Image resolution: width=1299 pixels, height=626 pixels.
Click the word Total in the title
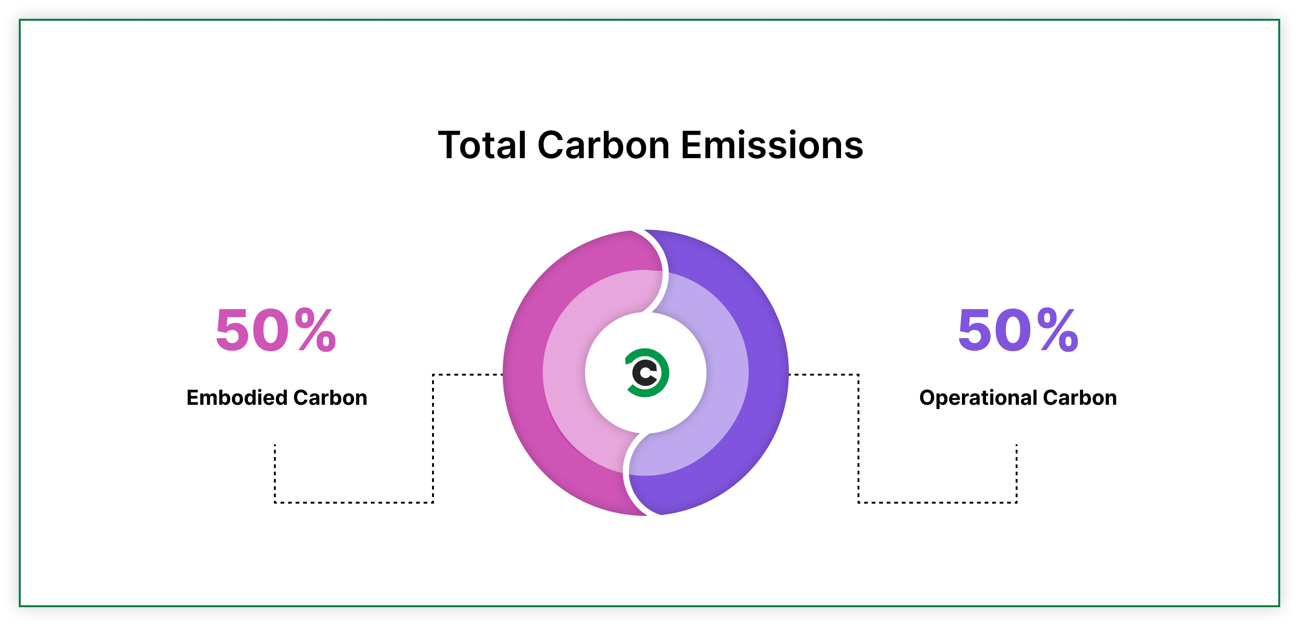point(482,146)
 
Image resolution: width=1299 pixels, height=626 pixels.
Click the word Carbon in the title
point(603,146)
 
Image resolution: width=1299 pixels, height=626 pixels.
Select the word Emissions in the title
point(771,146)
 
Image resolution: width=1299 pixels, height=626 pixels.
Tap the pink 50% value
point(275,330)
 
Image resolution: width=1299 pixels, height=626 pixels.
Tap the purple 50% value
point(1018,330)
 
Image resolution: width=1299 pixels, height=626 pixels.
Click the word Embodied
point(237,398)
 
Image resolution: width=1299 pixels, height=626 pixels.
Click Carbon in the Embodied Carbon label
point(330,398)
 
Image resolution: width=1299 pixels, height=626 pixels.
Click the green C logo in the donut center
point(647,373)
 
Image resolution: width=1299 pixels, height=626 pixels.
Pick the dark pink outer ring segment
point(524,373)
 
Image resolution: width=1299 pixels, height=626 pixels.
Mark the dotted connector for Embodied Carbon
point(433,439)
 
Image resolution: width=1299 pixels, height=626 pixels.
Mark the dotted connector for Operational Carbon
point(858,439)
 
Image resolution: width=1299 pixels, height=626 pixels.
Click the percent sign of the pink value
point(316,330)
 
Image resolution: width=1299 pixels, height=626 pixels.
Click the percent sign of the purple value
point(1058,330)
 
